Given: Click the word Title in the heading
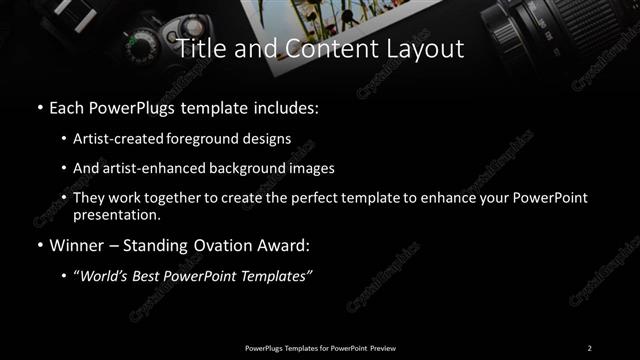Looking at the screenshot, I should click(x=198, y=49).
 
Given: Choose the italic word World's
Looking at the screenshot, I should click(x=108, y=276).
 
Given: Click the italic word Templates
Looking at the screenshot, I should click(x=277, y=276).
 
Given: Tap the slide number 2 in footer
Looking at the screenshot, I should click(x=589, y=347).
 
